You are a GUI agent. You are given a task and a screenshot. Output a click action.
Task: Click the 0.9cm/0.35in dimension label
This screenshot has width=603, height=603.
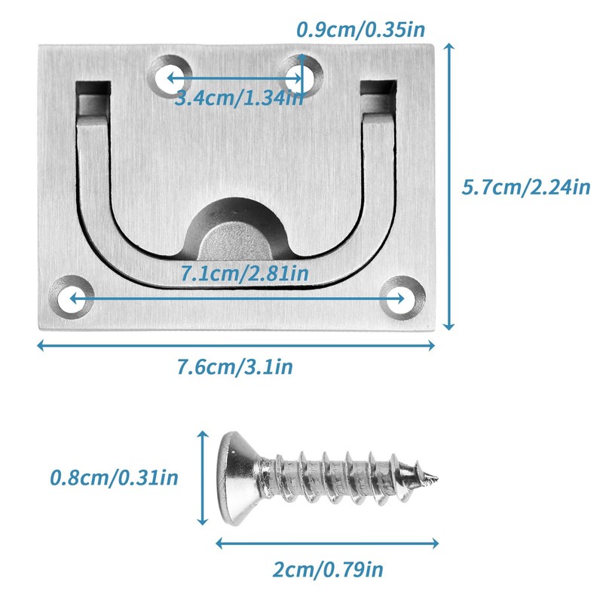(361, 29)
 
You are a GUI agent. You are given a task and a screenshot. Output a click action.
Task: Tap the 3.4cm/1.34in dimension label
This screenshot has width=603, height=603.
(239, 99)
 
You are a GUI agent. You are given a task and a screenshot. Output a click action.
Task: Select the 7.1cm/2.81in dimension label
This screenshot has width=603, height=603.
(244, 274)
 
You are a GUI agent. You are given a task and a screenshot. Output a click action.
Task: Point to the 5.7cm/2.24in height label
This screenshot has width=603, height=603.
(525, 187)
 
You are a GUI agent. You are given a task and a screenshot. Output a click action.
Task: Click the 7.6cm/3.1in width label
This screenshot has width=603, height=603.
(235, 366)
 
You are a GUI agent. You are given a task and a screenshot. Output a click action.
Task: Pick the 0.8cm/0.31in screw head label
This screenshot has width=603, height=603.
(115, 478)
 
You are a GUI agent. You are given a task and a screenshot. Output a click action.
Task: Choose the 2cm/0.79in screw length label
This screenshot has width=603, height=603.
(328, 569)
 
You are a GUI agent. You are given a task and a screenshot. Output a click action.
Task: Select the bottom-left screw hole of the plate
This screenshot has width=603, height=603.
(72, 297)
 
